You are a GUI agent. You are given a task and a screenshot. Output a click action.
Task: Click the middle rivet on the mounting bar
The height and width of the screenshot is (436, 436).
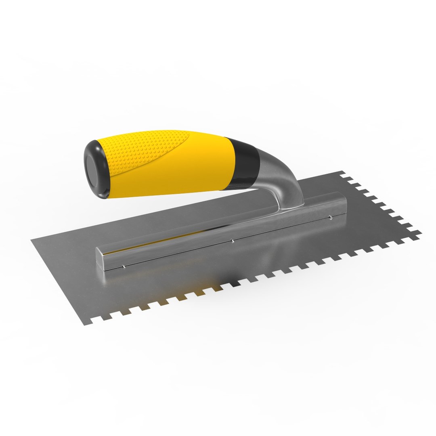point(233,242)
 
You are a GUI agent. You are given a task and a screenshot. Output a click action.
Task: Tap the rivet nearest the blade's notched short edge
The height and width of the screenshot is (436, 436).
point(331,218)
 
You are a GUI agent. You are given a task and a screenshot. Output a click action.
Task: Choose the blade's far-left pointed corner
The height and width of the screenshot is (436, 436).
point(32,240)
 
